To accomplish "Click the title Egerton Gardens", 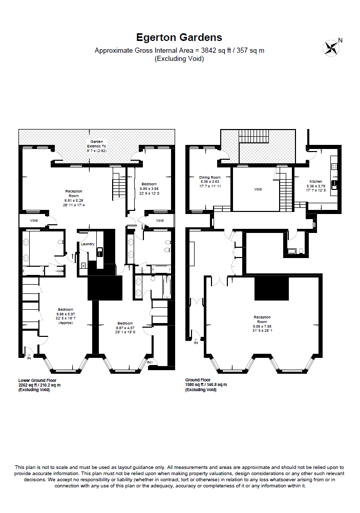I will click(x=179, y=37).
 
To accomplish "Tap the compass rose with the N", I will click(x=331, y=48).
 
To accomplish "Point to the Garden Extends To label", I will click(x=97, y=146).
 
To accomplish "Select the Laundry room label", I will click(x=88, y=244).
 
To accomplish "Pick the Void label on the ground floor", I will click(x=258, y=189).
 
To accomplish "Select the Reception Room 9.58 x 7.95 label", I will click(x=262, y=323).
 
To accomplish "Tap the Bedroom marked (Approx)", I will click(x=66, y=316).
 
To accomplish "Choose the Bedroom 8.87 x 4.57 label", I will click(x=125, y=327).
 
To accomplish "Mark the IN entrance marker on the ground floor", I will click(x=196, y=342).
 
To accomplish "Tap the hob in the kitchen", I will click(x=334, y=183).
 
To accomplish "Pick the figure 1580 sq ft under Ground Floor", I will click(x=195, y=385).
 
